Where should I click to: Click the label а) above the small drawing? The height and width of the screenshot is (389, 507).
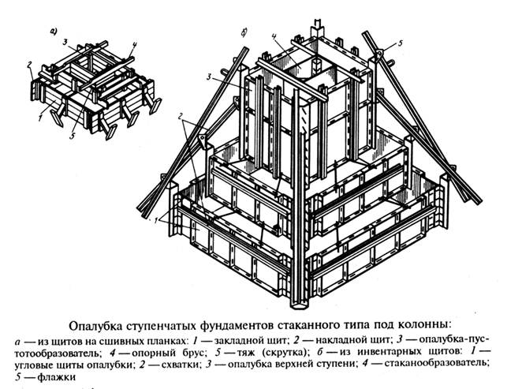pos(52,33)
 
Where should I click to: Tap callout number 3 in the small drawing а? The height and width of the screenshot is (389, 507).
pos(69,41)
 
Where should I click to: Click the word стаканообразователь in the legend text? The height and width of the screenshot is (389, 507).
pos(426,363)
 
